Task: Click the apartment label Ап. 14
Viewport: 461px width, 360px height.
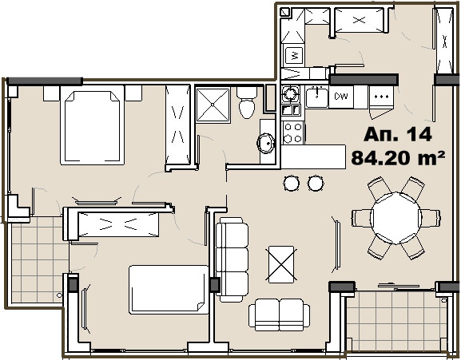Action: click(x=398, y=134)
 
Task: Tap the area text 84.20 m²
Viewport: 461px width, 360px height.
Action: click(x=398, y=157)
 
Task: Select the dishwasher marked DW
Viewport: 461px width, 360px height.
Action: click(x=341, y=97)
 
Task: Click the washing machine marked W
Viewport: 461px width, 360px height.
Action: click(x=294, y=55)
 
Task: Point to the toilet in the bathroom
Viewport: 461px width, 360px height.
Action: click(x=247, y=102)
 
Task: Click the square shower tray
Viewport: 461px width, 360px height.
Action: click(x=213, y=105)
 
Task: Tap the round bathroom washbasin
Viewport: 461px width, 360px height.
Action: click(x=266, y=144)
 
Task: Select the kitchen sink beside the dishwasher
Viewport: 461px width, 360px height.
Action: click(x=316, y=97)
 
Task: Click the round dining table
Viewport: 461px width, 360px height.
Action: click(x=396, y=218)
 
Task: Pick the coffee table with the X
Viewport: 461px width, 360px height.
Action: click(x=281, y=264)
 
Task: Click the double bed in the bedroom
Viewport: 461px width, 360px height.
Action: click(x=92, y=125)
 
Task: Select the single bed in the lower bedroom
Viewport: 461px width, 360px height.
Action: click(x=169, y=290)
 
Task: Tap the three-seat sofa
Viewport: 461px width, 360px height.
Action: click(x=232, y=259)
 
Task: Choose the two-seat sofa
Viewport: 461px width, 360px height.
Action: click(x=279, y=315)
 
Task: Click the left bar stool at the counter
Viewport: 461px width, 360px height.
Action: click(x=292, y=184)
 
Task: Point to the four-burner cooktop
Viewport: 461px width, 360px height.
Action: click(x=293, y=133)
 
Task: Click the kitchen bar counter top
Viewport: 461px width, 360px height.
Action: click(x=313, y=156)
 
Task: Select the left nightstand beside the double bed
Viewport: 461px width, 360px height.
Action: click(x=51, y=93)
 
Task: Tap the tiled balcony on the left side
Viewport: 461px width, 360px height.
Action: click(x=38, y=260)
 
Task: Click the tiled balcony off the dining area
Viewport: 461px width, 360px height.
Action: click(x=396, y=321)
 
